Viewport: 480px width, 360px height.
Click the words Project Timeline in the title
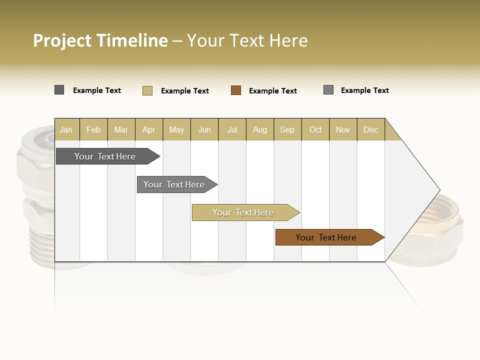coord(100,40)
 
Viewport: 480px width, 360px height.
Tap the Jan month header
coord(66,129)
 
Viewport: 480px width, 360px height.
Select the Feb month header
coord(93,129)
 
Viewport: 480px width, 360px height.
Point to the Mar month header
coord(121,129)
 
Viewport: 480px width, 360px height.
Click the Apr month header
coord(148,129)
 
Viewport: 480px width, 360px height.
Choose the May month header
coord(176,129)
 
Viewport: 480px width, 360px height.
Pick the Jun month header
coord(204,129)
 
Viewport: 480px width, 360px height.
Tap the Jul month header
coord(232,129)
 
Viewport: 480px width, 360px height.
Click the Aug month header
coord(260,129)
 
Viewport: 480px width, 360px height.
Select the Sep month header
coord(287,129)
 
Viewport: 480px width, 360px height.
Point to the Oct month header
coord(315,129)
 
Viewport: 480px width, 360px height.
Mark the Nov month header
coord(343,129)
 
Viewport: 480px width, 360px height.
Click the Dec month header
coord(370,129)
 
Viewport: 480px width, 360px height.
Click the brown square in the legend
coord(236,90)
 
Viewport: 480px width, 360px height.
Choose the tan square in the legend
coord(147,90)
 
